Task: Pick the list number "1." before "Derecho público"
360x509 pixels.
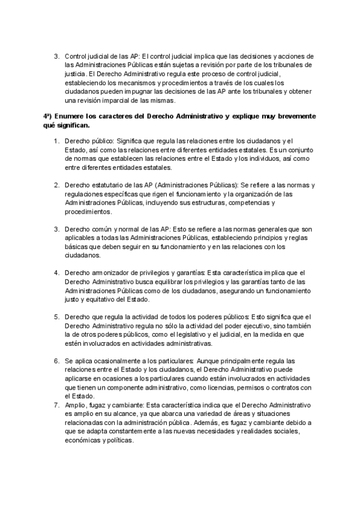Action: tap(57, 140)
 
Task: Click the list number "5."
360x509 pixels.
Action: tap(57, 317)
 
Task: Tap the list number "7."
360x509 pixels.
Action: tap(57, 406)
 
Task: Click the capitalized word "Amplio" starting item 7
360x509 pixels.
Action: tap(76, 406)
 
